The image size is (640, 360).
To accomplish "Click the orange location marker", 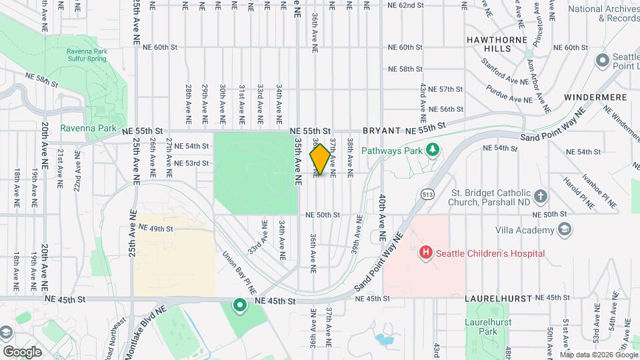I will pos(319,159).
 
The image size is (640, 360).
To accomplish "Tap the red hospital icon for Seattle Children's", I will pos(425,253).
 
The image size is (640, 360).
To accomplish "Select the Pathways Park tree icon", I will pos(433,149).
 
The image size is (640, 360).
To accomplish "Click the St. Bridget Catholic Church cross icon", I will pos(540,197).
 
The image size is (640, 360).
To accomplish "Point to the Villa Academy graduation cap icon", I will pos(564,230).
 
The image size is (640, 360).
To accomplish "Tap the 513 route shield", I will pos(427,193).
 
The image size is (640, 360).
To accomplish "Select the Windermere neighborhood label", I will pos(595,97).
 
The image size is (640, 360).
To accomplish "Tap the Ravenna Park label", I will pos(88,128).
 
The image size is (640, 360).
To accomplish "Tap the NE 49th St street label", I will pos(152,229).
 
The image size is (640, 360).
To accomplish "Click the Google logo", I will pos(22,351).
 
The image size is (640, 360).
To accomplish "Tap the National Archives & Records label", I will pos(604,13).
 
